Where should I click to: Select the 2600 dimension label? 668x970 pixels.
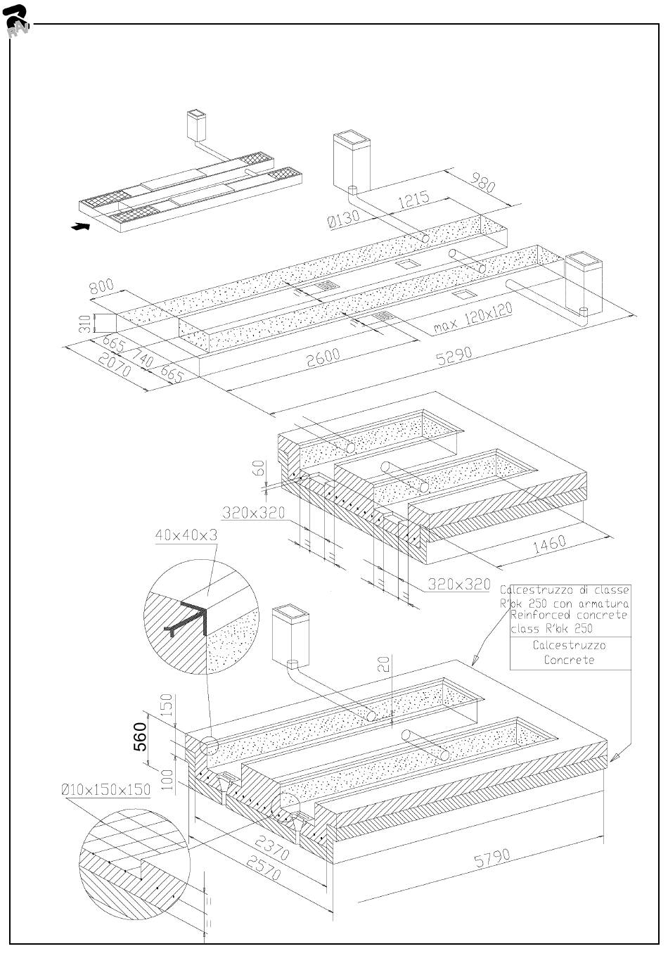(323, 357)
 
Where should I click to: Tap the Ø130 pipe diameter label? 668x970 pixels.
(344, 219)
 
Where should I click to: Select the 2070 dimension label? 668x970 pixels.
(114, 365)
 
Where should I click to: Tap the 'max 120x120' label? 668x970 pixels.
(473, 319)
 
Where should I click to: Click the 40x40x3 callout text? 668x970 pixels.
(186, 535)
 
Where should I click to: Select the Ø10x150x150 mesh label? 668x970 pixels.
(105, 789)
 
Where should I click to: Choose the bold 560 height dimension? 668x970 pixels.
(141, 736)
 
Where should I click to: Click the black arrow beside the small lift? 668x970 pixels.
(82, 226)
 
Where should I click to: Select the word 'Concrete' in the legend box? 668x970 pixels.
(569, 660)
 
